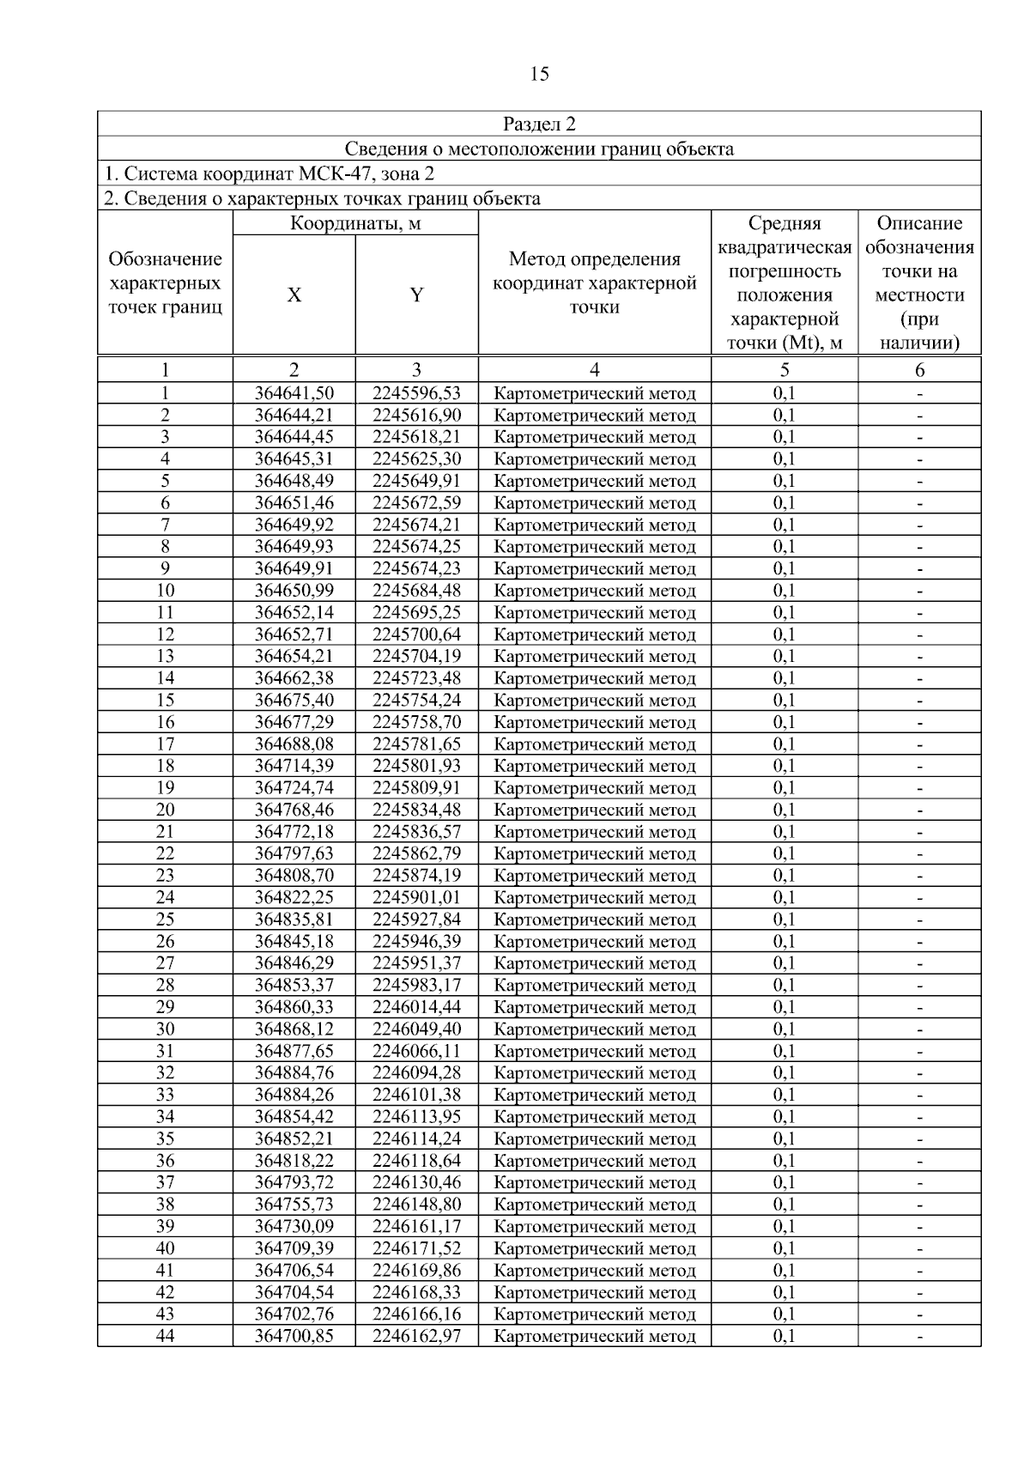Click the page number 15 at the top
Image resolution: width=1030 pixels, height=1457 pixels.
539,74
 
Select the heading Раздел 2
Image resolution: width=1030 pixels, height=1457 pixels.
539,124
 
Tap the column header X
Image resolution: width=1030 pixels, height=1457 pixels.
294,295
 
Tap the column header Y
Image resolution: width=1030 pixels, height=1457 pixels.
416,295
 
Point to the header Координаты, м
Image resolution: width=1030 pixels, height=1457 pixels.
355,224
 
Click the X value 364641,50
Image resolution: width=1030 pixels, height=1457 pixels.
294,393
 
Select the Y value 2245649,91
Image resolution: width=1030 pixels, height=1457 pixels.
416,481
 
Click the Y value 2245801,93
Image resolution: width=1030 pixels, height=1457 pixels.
416,766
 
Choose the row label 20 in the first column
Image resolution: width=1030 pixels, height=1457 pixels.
165,810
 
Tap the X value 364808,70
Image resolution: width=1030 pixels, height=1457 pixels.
294,876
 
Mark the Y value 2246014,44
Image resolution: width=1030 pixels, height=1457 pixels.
416,1007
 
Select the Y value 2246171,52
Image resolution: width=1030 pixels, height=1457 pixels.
416,1248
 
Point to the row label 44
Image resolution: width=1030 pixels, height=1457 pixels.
165,1336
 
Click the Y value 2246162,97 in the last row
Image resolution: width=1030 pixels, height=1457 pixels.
416,1336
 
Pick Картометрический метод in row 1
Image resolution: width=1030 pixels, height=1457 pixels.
595,393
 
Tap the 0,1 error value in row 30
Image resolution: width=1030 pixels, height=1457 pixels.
784,1029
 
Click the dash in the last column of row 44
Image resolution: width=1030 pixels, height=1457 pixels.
919,1336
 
